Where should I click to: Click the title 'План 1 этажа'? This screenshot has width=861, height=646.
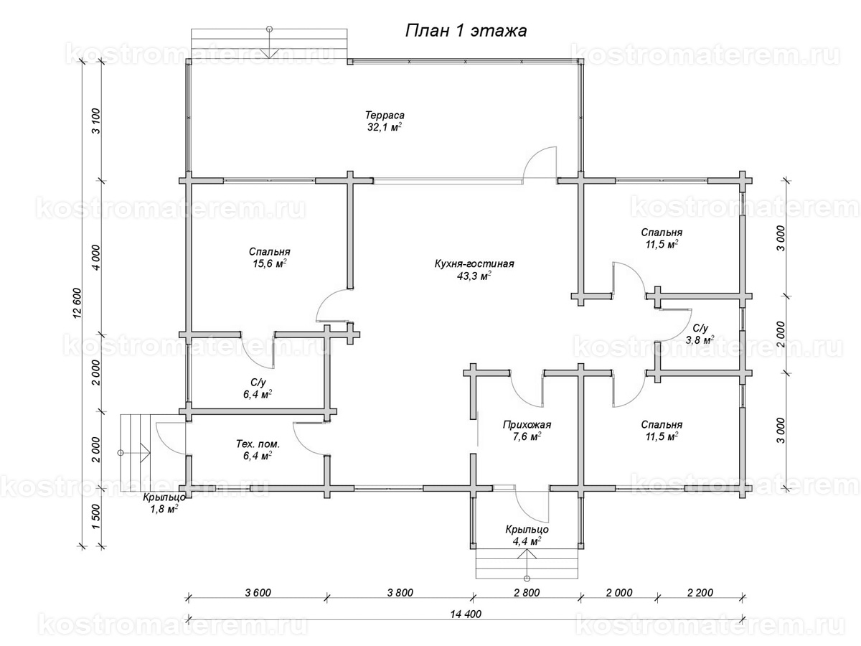[x=466, y=31]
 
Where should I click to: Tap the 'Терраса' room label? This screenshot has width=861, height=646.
[x=385, y=116]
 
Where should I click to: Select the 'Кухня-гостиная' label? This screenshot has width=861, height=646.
[x=474, y=263]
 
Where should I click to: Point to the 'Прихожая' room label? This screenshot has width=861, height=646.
[x=527, y=424]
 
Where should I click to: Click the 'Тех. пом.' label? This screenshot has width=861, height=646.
[x=258, y=444]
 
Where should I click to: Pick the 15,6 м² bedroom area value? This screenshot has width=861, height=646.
[x=269, y=263]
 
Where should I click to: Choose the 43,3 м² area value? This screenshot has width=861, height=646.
[x=474, y=276]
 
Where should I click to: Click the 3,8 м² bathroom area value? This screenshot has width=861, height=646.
[x=700, y=340]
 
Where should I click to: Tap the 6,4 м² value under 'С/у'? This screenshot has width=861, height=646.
[x=258, y=394]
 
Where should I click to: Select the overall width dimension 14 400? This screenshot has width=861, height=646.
[x=466, y=614]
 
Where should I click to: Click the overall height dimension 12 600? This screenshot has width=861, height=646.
[x=77, y=304]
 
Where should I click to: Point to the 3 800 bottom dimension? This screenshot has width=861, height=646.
[x=400, y=592]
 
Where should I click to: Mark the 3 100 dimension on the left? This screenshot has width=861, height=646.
[x=96, y=121]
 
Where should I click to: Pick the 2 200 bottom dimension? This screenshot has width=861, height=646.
[x=700, y=592]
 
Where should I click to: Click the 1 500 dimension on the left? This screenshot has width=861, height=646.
[x=96, y=517]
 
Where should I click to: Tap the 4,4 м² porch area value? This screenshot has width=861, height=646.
[x=527, y=541]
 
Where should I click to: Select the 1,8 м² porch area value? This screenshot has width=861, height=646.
[x=164, y=509]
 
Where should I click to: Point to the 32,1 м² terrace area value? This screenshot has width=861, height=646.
[x=385, y=127]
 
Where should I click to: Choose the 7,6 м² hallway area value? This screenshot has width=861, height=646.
[x=527, y=436]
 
